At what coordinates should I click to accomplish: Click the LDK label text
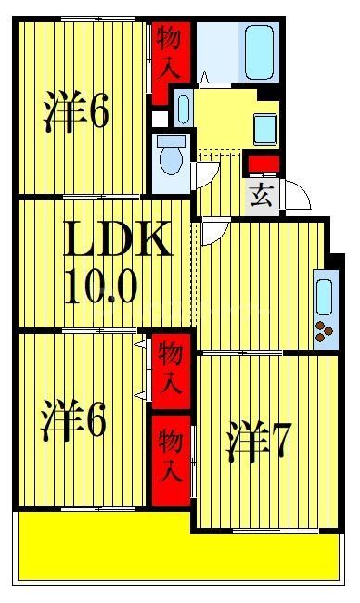(x=117, y=241)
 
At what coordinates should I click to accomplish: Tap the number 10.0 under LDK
(x=101, y=288)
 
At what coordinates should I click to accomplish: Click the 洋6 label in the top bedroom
(x=77, y=113)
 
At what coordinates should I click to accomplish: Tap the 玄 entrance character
(x=262, y=196)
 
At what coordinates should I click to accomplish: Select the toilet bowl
(x=171, y=160)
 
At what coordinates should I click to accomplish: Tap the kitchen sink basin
(x=324, y=295)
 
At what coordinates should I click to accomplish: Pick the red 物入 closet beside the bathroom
(x=170, y=53)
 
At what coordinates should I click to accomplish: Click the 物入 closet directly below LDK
(x=170, y=368)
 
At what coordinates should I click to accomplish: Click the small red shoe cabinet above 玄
(x=263, y=166)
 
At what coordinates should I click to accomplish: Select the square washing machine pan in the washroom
(x=265, y=128)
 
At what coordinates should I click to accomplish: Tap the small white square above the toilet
(x=161, y=119)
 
